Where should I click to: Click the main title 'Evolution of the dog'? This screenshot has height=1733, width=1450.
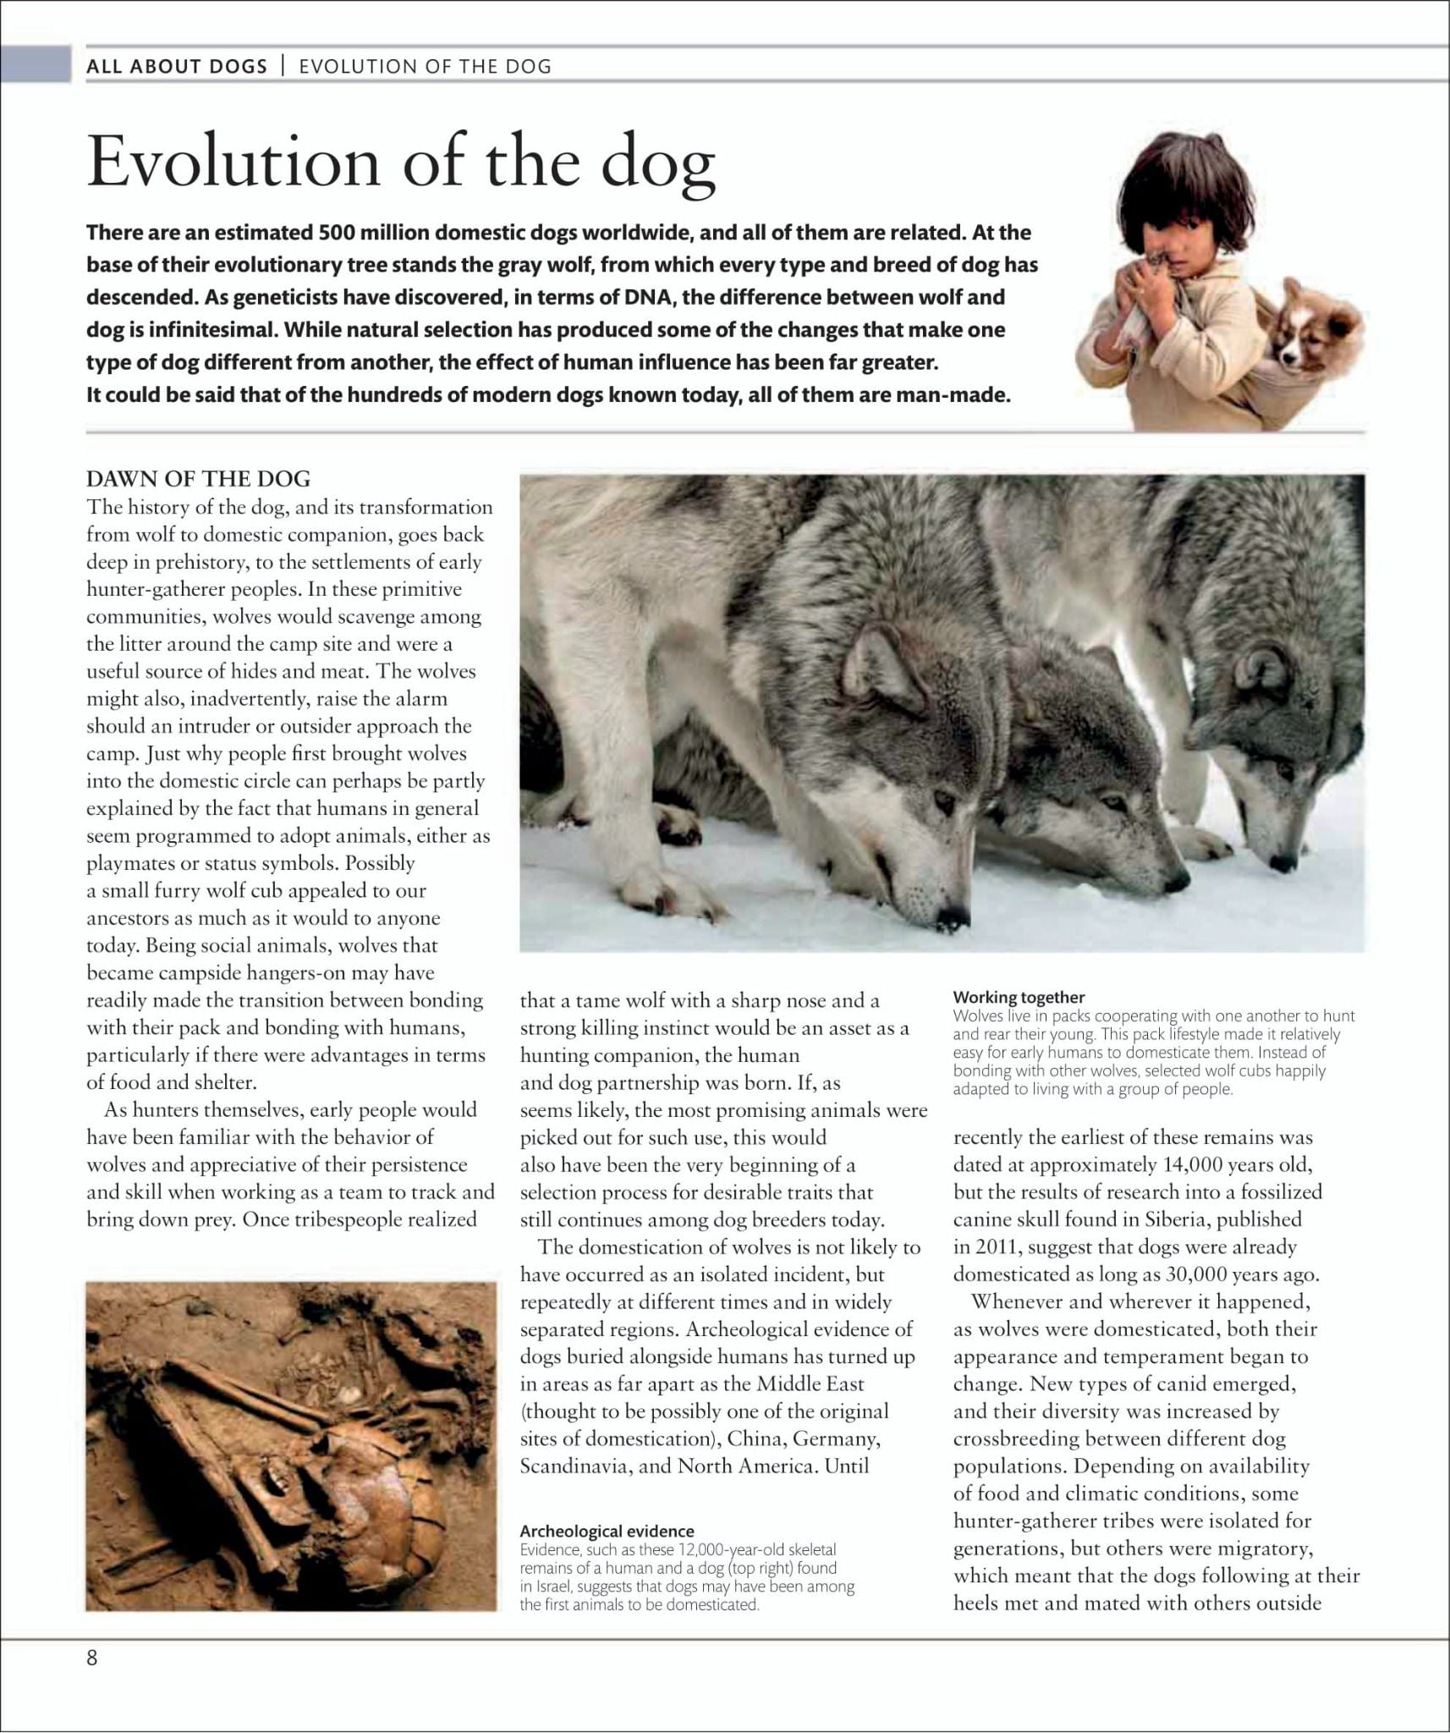401,161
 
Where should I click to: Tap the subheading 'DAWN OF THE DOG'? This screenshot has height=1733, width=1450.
198,479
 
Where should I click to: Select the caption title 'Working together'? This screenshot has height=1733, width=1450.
1019,997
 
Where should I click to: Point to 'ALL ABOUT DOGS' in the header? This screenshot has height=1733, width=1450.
177,67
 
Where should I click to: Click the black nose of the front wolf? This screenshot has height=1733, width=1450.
952,916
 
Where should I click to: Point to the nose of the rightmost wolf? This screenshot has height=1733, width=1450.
1283,864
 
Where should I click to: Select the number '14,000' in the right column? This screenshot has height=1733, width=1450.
1192,1165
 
